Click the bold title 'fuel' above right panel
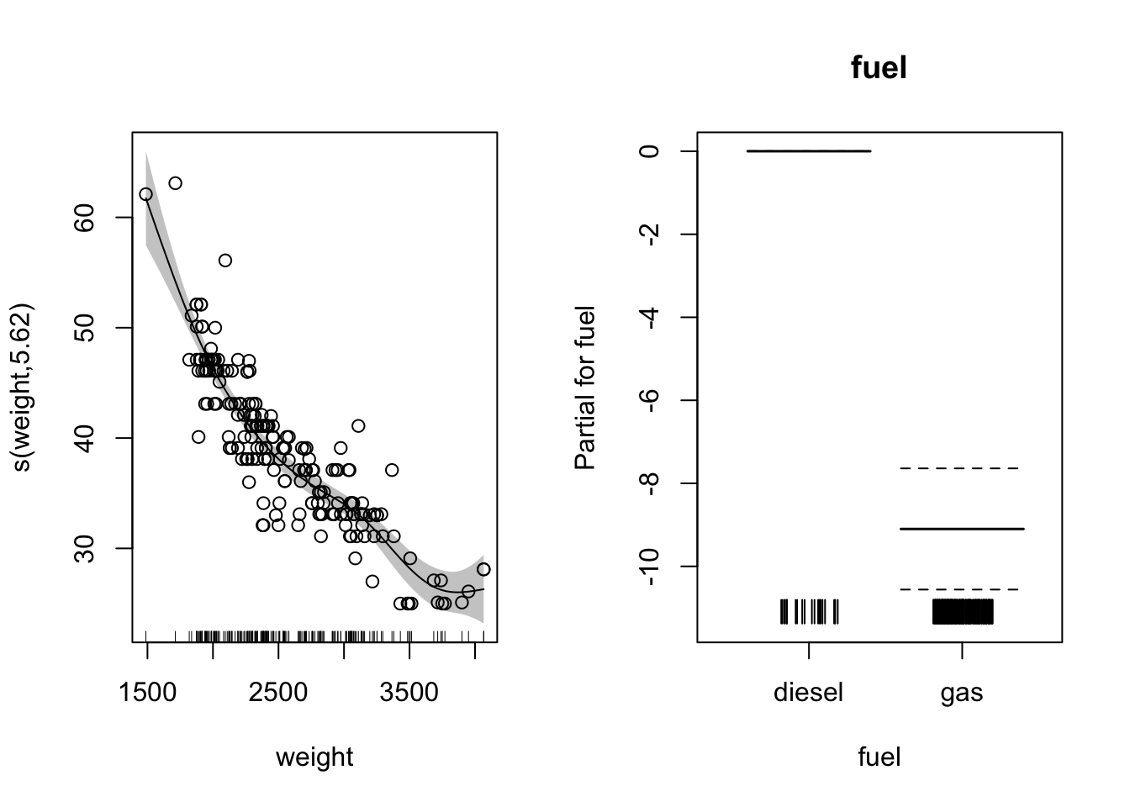pos(879,67)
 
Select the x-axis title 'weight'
pos(314,757)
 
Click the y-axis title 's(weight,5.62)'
pos(24,387)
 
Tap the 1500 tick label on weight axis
pos(147,694)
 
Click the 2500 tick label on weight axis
pos(278,694)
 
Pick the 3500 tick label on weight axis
pos(409,694)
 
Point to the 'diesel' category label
pos(808,694)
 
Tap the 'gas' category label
pos(962,694)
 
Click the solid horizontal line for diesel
pos(808,151)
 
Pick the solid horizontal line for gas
pos(962,529)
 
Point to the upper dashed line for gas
pos(959,467)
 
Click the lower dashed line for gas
pos(959,589)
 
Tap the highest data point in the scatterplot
pos(175,183)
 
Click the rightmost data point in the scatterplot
pos(483,569)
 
